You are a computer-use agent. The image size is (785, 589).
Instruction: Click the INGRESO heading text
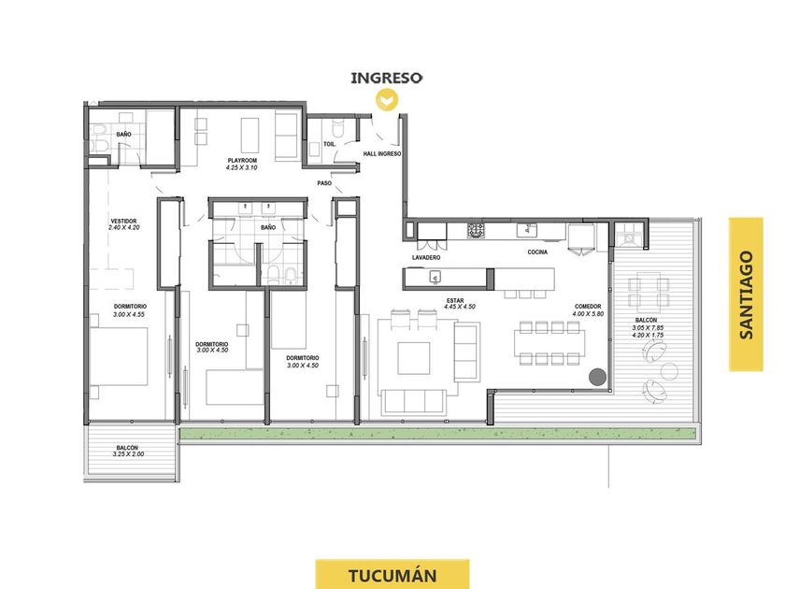coord(386,79)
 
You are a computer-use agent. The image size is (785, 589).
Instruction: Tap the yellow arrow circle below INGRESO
coord(387,99)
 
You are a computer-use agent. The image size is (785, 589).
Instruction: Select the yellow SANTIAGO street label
coord(746,294)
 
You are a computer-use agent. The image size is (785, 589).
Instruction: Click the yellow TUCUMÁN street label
coord(392,575)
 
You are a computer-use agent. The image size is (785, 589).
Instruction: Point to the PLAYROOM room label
coord(242,161)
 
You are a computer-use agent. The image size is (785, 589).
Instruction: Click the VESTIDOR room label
coord(123,221)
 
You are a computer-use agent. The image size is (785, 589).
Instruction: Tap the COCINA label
coord(537,252)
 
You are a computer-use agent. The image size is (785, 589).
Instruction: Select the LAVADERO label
coord(426,257)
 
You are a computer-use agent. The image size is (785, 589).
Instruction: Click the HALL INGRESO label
coord(382,153)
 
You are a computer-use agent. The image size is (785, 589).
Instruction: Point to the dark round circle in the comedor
coord(597,377)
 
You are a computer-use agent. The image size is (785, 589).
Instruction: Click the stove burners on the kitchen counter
coord(476,231)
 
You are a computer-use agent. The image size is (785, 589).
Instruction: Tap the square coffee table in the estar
coord(413,358)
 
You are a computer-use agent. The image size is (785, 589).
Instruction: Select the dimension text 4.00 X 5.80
coord(588,314)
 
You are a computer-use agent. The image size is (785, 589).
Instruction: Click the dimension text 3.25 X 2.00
coord(128,454)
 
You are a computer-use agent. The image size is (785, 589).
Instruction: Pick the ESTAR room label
coord(455,300)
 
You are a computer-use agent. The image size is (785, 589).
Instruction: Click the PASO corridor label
coord(324,183)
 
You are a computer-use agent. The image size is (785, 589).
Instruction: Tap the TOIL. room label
coord(329,144)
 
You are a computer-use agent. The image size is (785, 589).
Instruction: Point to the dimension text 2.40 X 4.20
coord(123,227)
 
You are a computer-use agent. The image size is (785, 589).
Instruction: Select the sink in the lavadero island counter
coord(435,277)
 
